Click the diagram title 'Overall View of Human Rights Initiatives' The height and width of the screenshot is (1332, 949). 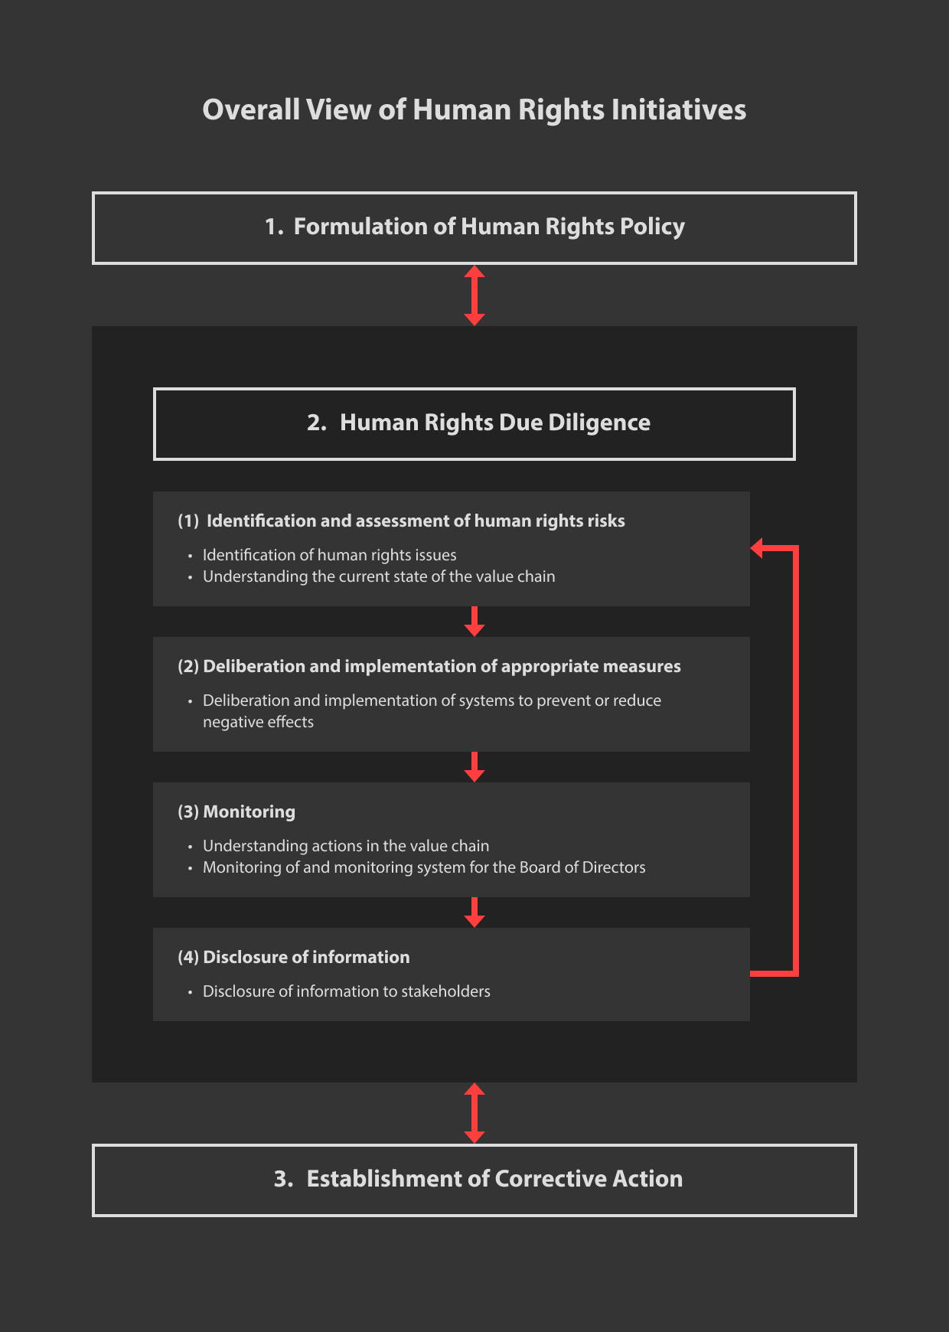(475, 110)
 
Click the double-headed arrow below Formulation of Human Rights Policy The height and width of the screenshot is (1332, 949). (475, 295)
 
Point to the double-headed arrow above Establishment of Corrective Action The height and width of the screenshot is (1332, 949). (475, 1113)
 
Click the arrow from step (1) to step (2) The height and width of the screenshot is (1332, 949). (475, 622)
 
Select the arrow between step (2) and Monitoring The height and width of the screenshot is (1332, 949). (475, 767)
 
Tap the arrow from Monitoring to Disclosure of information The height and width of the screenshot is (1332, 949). (475, 912)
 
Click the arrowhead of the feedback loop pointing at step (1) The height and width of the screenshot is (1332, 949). (756, 548)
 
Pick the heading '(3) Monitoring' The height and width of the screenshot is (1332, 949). (236, 812)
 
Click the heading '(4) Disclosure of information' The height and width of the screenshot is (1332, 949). (294, 958)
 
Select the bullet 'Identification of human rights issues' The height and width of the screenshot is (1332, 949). (330, 555)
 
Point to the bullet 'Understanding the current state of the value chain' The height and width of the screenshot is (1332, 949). (379, 576)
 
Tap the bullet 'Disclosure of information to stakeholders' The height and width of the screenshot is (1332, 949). (347, 991)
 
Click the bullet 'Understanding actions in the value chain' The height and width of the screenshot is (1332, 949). (346, 846)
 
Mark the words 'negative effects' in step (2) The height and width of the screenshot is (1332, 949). (259, 722)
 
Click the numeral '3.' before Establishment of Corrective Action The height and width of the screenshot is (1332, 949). (284, 1179)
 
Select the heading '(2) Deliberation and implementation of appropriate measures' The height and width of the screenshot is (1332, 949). (429, 667)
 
